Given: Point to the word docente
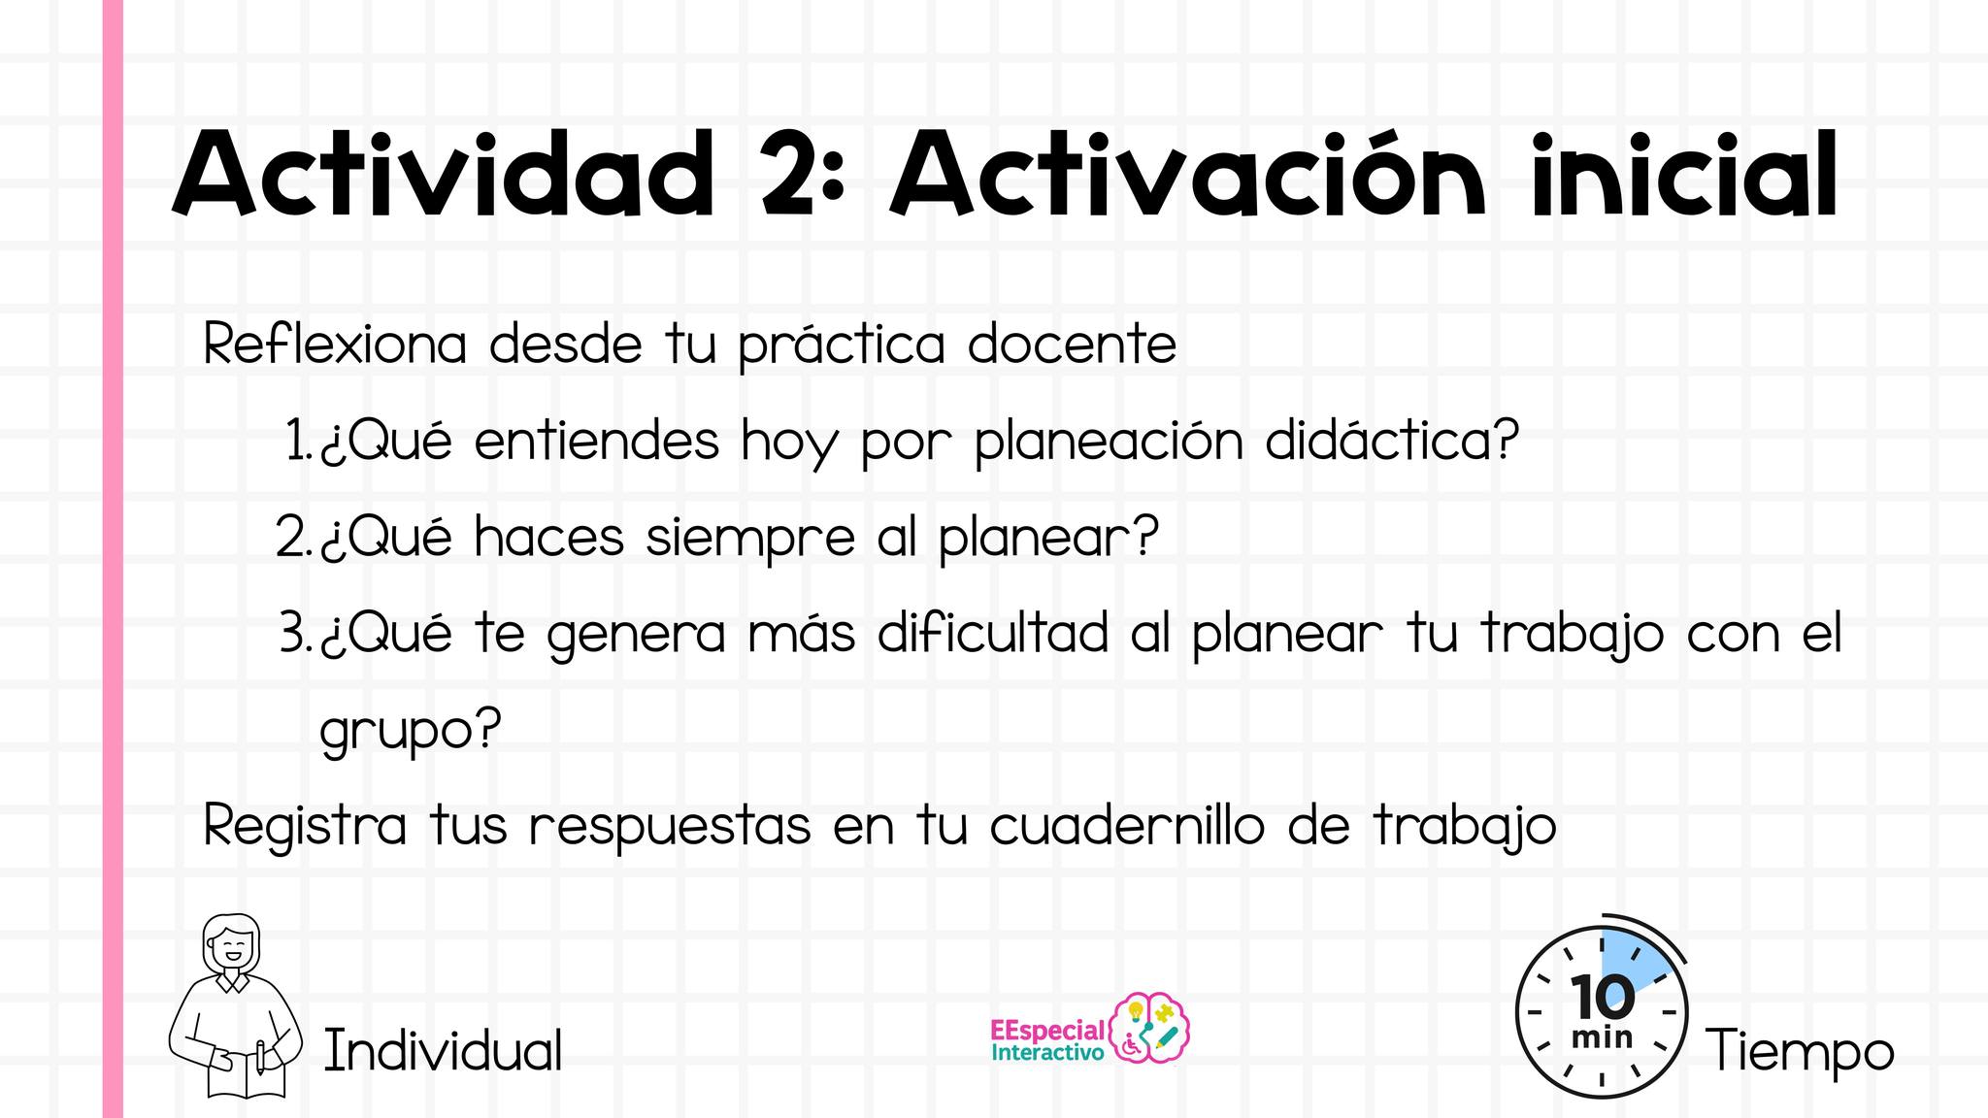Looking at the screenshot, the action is pos(1073,344).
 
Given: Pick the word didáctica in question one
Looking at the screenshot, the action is pos(1393,441).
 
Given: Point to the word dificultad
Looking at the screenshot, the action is pos(993,633).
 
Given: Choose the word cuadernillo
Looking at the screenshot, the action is pos(1127,827).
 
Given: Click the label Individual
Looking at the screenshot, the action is pos(443,1050).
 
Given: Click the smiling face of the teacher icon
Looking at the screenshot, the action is pos(232,945).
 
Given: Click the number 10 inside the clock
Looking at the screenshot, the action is pos(1602,997).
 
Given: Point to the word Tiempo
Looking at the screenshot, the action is pos(1801,1051).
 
